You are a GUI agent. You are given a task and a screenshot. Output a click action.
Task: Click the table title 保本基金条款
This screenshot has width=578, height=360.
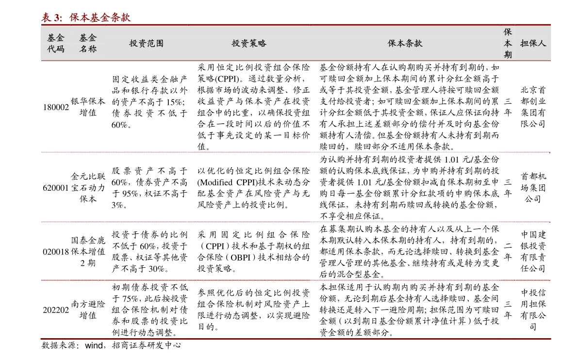pyautogui.click(x=100, y=17)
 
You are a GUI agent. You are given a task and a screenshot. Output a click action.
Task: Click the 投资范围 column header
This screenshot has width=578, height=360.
pyautogui.click(x=147, y=43)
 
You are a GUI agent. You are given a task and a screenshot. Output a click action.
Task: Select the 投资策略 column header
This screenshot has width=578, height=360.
pyautogui.click(x=249, y=43)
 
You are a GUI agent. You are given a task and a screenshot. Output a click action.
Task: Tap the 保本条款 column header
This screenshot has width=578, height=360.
pyautogui.click(x=405, y=43)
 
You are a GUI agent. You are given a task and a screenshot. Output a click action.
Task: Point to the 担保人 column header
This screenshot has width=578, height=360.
pyautogui.click(x=533, y=43)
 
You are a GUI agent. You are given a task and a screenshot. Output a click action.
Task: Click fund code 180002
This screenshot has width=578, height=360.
pyautogui.click(x=56, y=107)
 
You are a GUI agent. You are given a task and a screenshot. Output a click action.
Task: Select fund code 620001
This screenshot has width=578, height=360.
pyautogui.click(x=56, y=188)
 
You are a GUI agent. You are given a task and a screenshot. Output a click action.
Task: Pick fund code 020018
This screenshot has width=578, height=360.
pyautogui.click(x=56, y=252)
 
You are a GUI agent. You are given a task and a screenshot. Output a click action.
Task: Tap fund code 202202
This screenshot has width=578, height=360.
pyautogui.click(x=56, y=310)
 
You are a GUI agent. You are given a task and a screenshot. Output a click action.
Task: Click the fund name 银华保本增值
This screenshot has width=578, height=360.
pyautogui.click(x=88, y=107)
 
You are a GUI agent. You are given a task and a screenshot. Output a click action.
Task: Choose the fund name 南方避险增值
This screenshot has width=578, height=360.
pyautogui.click(x=88, y=310)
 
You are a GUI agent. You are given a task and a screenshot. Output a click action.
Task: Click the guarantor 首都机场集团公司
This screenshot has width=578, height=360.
pyautogui.click(x=533, y=188)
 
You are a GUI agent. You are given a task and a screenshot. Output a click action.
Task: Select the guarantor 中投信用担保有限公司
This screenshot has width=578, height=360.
pyautogui.click(x=533, y=310)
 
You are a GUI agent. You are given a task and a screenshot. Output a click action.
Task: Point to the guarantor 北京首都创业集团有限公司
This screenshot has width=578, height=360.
pyautogui.click(x=533, y=107)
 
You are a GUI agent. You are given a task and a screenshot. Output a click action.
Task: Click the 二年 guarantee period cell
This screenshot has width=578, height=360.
pyautogui.click(x=508, y=251)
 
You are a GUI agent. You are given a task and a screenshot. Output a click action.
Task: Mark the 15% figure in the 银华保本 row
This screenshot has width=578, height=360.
pyautogui.click(x=174, y=102)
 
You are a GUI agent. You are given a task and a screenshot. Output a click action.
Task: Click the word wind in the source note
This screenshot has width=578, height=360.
pyautogui.click(x=94, y=345)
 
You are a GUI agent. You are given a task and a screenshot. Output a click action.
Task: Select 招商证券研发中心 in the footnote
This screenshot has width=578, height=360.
pyautogui.click(x=147, y=345)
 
